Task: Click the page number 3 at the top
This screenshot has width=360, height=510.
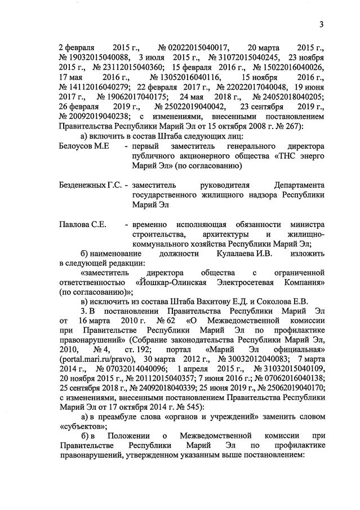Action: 320,25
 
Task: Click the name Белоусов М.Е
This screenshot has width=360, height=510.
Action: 85,146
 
